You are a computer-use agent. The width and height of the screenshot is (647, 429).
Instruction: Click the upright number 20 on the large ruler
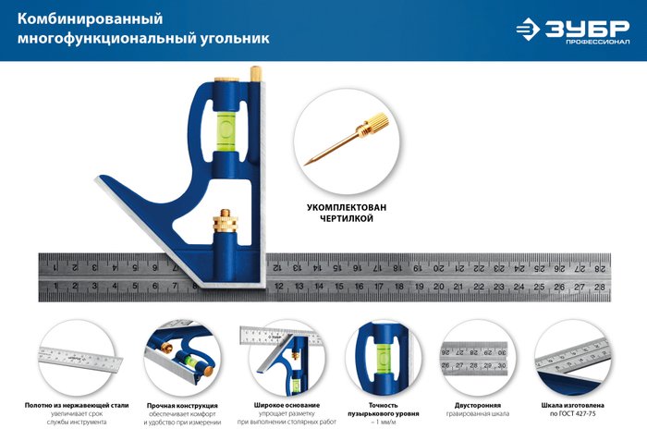point(438,287)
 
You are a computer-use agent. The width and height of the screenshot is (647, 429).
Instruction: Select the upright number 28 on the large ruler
point(600,287)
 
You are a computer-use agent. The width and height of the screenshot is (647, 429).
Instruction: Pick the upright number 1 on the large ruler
point(55,287)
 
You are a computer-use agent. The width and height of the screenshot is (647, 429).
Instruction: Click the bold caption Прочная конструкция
point(182,406)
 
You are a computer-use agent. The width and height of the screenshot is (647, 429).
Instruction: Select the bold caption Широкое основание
point(287,406)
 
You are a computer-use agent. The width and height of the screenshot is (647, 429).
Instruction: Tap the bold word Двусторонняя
point(478,406)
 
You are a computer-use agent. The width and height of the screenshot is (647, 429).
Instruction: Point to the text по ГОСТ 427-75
point(577,423)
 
